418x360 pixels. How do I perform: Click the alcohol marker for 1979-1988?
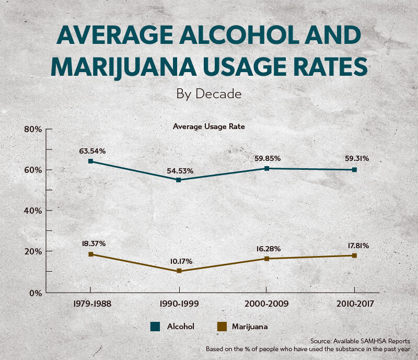90,161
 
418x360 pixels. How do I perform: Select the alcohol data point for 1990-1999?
179,180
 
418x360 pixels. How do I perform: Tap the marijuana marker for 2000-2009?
266,259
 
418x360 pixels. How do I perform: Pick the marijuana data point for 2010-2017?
354,256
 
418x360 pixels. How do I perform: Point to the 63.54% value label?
92,151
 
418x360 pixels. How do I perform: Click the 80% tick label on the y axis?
32,129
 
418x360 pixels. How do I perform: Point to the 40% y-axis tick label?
32,211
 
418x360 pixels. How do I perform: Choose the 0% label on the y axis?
34,293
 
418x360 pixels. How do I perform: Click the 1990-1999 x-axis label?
179,303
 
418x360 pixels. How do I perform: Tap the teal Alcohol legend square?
155,327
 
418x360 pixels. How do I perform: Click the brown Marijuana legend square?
221,327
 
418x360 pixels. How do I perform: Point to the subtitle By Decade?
209,94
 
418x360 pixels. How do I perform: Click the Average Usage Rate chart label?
209,126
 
